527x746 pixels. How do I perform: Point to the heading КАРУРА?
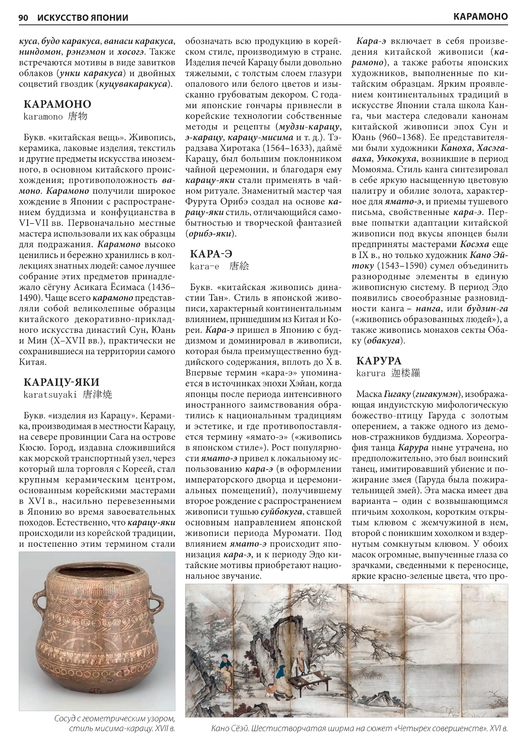379,361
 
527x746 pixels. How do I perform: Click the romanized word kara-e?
205,266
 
